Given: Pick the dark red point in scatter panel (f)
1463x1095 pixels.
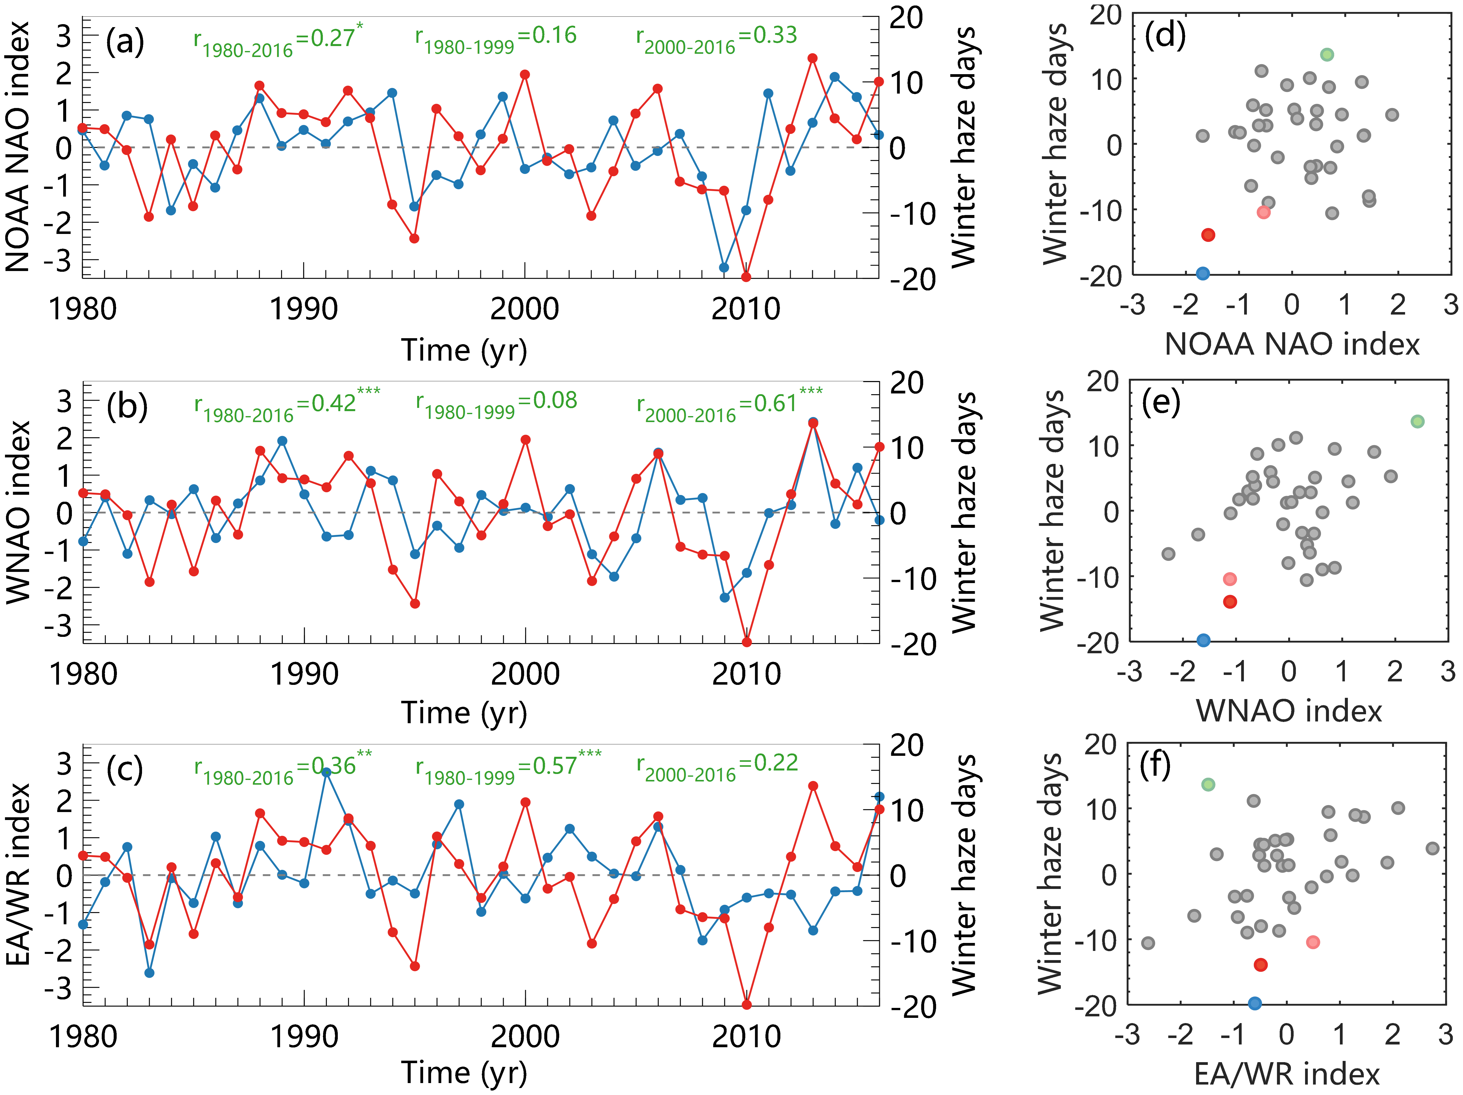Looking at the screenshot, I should coord(1261,965).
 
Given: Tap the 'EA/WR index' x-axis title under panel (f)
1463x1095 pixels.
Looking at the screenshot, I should coord(1287,1075).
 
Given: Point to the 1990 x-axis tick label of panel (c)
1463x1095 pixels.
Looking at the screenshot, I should coord(304,1036).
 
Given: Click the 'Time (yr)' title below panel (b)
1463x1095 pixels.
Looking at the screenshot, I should coord(464,713).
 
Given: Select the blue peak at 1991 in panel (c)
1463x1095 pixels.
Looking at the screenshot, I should coord(326,771).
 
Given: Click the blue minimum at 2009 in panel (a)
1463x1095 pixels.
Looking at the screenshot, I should coord(724,267).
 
